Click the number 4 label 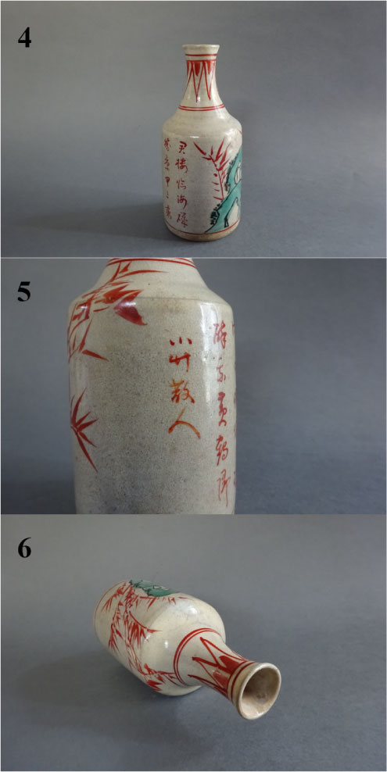click(25, 37)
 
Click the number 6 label click(25, 549)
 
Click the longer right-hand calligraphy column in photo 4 click(185, 180)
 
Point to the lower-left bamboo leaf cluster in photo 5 click(84, 426)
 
